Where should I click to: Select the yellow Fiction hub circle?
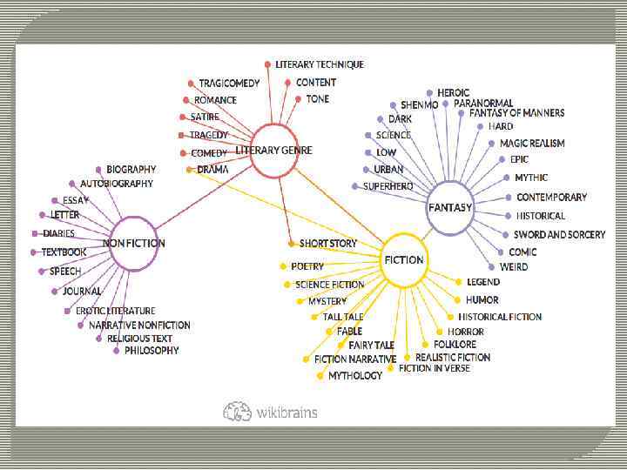click(x=404, y=259)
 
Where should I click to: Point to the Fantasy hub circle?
click(x=450, y=208)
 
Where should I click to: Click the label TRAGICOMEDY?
click(x=229, y=83)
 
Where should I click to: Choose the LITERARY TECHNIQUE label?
click(x=320, y=64)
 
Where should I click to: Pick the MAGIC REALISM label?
click(x=531, y=143)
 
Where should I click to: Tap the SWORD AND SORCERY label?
click(x=559, y=235)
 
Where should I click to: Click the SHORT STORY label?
click(x=328, y=243)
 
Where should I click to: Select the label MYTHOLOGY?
click(x=355, y=376)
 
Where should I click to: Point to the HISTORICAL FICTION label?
click(x=500, y=317)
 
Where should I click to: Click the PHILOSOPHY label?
click(x=152, y=351)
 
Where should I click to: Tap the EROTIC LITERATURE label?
click(x=115, y=311)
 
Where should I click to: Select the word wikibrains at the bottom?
click(x=287, y=412)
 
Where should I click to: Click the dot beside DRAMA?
click(x=190, y=170)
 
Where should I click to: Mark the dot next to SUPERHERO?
click(x=354, y=186)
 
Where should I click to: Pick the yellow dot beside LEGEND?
click(x=459, y=282)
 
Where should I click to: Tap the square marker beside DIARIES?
click(x=34, y=233)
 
